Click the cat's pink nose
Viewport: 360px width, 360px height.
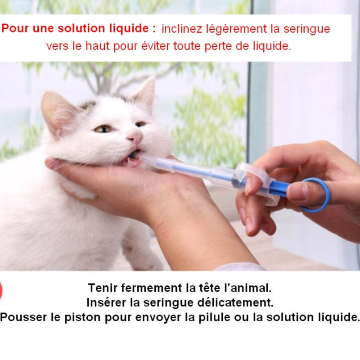pyautogui.click(x=136, y=137)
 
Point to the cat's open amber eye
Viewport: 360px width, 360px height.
pyautogui.click(x=103, y=129)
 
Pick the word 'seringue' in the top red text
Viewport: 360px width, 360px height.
pyautogui.click(x=307, y=29)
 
